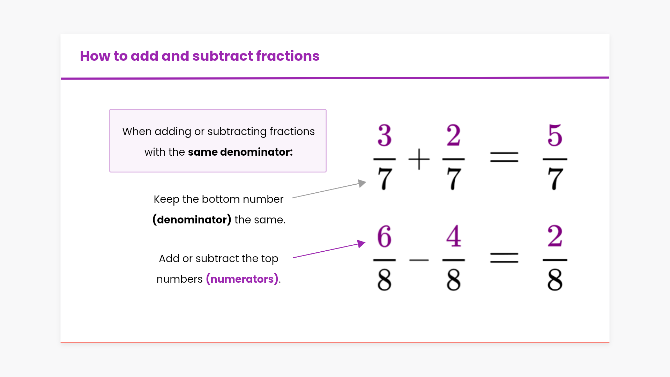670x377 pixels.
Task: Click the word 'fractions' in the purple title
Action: (288, 56)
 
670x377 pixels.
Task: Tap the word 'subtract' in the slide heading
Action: (222, 56)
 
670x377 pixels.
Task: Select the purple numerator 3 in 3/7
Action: (385, 135)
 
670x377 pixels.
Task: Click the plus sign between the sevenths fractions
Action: (419, 159)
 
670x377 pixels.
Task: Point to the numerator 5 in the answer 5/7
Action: (555, 135)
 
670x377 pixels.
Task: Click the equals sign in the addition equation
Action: (504, 157)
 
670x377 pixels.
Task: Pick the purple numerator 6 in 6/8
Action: (385, 236)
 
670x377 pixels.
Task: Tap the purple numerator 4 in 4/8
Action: (454, 236)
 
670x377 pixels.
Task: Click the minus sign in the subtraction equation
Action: (419, 260)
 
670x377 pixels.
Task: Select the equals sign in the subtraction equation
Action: (504, 258)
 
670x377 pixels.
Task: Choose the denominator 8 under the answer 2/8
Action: (555, 280)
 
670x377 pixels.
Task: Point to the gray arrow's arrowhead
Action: (362, 183)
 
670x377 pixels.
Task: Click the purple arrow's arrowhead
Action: (362, 243)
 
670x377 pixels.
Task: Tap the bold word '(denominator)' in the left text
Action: (192, 220)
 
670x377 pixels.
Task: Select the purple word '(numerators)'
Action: (242, 279)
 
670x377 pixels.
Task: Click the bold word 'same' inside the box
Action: (203, 152)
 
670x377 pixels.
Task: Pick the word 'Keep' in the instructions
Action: (166, 199)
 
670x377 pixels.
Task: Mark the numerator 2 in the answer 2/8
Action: (555, 236)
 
